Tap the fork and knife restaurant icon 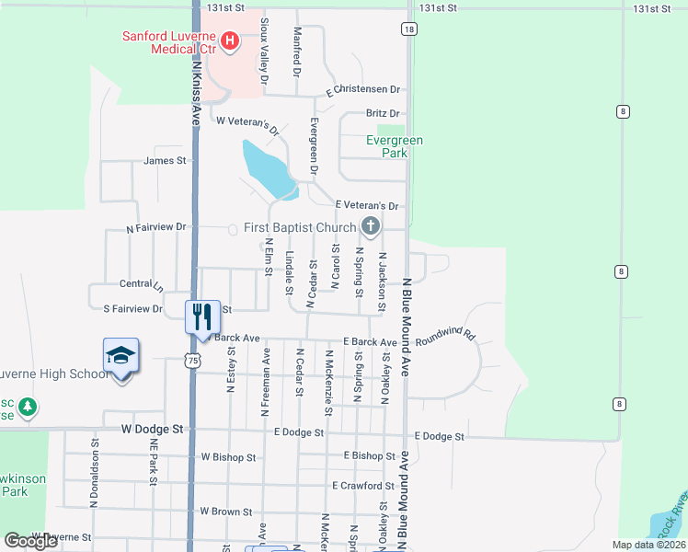pos(201,316)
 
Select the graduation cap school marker pos(121,356)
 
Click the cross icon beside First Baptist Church pos(370,226)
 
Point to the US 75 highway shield pos(191,362)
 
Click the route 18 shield pos(408,29)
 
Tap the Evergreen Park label pos(395,146)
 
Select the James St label pos(166,160)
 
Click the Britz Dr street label pos(384,113)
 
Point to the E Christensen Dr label pos(365,90)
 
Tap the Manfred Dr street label pos(297,52)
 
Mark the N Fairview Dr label pos(156,226)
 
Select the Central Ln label pos(140,284)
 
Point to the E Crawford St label pos(363,485)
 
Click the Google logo pos(31,541)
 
